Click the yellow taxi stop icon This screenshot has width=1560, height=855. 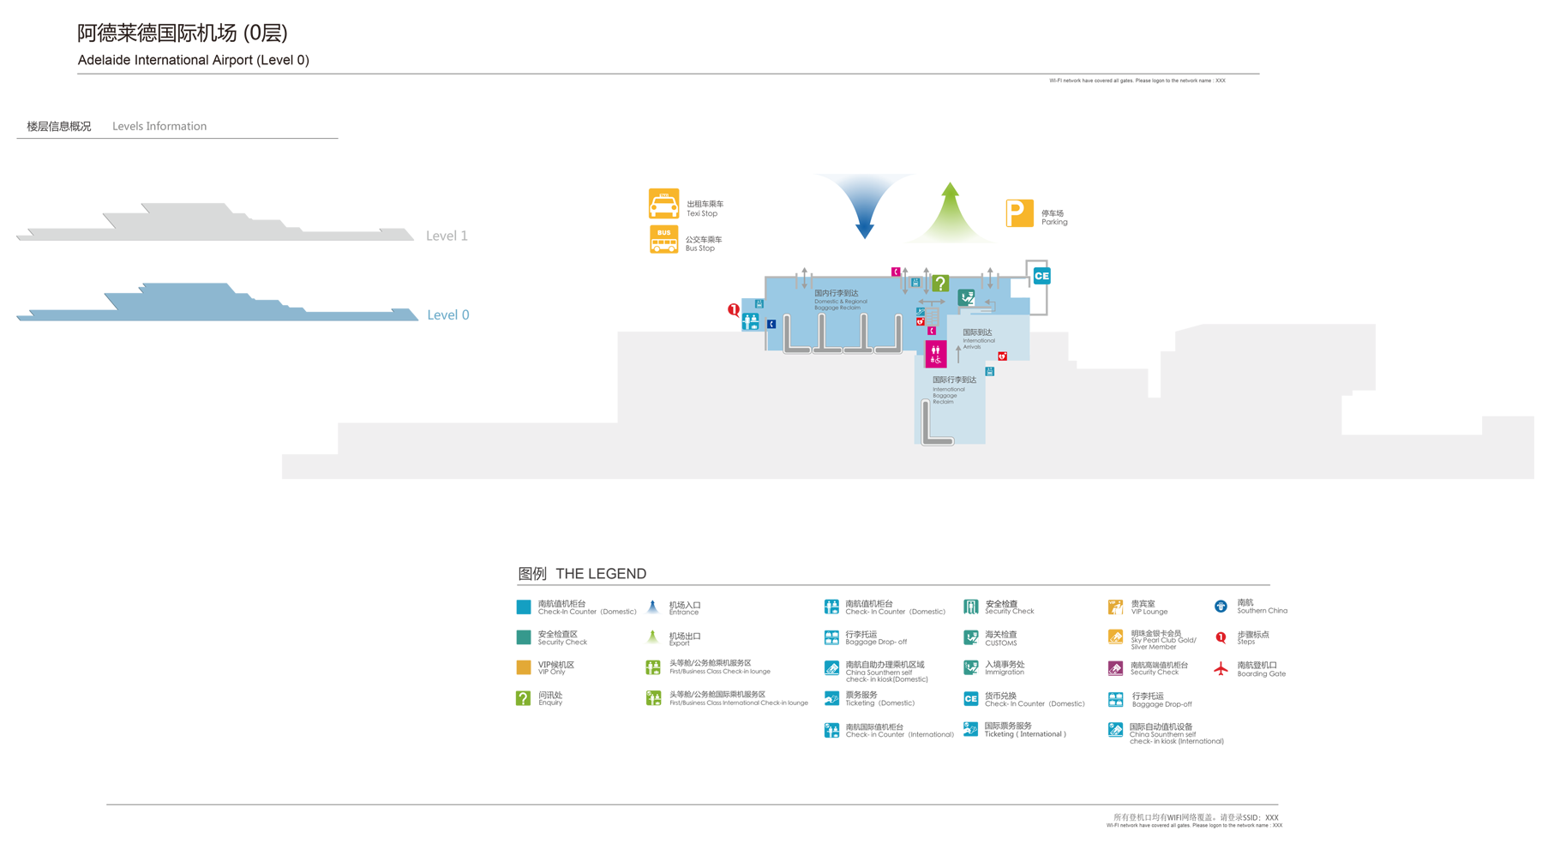[663, 204]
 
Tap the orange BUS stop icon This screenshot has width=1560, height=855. [663, 239]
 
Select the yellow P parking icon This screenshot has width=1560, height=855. [1019, 213]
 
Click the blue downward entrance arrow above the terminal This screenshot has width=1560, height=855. [864, 206]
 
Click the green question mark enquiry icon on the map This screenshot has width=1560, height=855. [940, 283]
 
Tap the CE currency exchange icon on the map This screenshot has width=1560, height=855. [1041, 276]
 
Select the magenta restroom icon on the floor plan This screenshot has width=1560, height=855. [935, 353]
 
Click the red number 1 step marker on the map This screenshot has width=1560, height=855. [734, 310]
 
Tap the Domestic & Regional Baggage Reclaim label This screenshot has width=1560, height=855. [839, 299]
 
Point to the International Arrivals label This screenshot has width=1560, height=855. [978, 338]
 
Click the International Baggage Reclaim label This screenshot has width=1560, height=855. [952, 389]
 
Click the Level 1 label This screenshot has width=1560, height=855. [447, 236]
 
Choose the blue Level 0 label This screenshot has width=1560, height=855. [447, 314]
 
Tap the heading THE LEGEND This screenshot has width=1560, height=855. [600, 574]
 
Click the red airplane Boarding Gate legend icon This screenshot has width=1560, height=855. [1221, 669]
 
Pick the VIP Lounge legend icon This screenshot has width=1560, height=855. [1115, 607]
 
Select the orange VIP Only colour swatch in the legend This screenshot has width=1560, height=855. [523, 667]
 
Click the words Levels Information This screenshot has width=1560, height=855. [159, 126]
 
